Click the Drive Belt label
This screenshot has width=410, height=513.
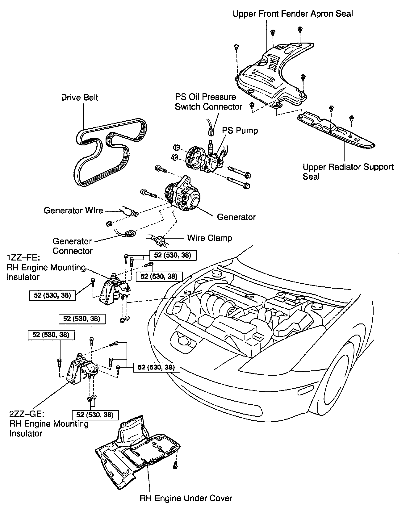(79, 98)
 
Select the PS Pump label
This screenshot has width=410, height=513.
(240, 131)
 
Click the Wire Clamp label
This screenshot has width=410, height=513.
(209, 238)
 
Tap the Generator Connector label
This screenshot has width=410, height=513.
(72, 246)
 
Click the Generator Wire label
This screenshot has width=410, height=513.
(73, 211)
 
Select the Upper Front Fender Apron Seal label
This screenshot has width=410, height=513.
(293, 14)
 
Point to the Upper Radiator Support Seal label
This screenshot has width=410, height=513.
(348, 172)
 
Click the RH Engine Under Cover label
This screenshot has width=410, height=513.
(186, 498)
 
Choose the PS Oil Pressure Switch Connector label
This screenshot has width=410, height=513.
(208, 102)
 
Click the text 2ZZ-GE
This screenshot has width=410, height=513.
(27, 414)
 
